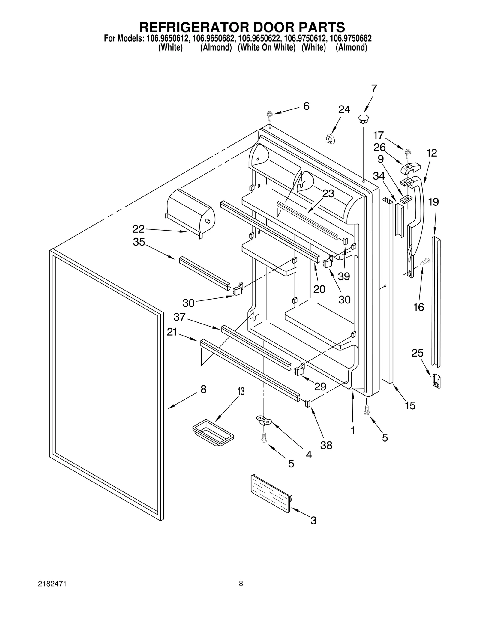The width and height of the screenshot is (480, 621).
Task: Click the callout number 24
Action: [x=344, y=110]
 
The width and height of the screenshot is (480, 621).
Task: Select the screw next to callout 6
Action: [x=269, y=115]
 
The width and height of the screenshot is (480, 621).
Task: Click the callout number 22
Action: [x=139, y=229]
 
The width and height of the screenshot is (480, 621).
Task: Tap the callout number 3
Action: [x=313, y=520]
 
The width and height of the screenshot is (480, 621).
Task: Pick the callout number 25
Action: [x=417, y=353]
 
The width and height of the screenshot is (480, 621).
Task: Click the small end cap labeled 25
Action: [x=436, y=381]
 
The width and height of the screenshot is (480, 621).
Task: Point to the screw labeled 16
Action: [x=425, y=262]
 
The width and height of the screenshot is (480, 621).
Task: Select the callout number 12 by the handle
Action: [x=432, y=153]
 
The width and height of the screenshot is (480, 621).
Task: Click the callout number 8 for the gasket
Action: [x=203, y=389]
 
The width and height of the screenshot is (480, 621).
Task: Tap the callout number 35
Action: [x=139, y=242]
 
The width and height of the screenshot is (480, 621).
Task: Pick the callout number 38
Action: [x=326, y=445]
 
